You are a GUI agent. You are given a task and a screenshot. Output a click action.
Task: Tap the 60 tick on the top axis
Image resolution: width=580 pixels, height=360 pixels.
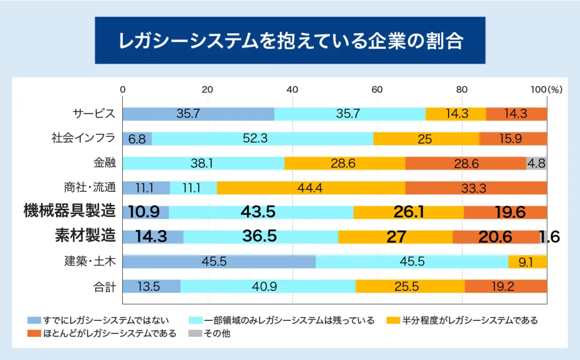click(377, 89)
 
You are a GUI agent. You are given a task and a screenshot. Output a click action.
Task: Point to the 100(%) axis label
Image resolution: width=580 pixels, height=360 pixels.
click(546, 89)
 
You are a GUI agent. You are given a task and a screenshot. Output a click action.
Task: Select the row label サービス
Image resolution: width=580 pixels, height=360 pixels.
click(94, 114)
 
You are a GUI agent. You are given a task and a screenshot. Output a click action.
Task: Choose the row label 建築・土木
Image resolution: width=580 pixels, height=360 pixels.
click(90, 262)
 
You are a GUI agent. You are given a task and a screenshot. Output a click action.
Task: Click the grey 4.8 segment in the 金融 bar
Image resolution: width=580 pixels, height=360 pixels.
click(536, 163)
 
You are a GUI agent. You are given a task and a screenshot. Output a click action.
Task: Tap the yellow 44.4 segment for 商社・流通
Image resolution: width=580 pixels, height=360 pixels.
click(311, 187)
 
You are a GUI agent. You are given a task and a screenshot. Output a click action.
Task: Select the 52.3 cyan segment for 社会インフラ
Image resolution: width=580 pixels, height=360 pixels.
click(262, 138)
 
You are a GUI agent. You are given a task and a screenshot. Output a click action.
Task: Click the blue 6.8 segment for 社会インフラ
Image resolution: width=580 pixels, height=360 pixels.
click(137, 138)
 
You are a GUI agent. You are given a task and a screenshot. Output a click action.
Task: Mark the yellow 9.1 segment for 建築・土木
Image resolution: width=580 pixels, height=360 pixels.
click(527, 262)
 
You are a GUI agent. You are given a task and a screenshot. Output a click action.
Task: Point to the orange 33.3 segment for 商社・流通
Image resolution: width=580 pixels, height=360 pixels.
click(476, 187)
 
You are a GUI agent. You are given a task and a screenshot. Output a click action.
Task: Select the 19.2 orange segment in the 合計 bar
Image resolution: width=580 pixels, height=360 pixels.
click(506, 286)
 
